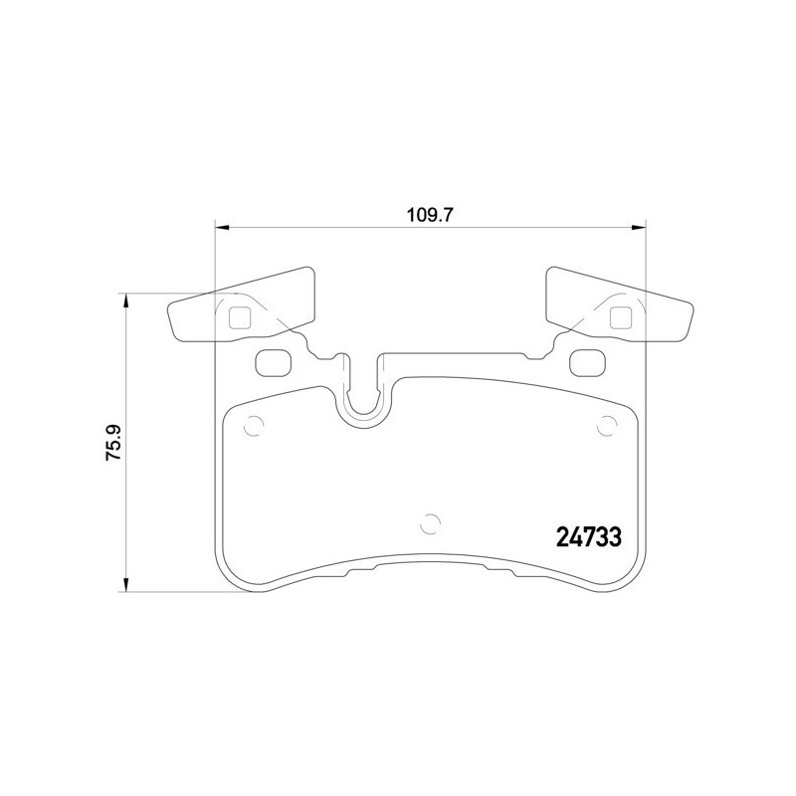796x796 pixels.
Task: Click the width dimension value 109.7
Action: click(x=431, y=213)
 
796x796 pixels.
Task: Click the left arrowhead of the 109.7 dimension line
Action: click(x=222, y=229)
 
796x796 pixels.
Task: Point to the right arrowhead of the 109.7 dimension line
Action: click(x=640, y=229)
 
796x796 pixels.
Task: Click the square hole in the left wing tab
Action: click(x=240, y=317)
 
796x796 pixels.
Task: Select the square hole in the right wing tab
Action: click(x=621, y=317)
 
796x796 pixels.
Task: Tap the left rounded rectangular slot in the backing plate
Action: click(x=272, y=362)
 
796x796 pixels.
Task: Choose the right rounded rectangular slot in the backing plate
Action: click(x=588, y=362)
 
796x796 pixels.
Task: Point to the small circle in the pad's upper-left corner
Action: click(x=253, y=425)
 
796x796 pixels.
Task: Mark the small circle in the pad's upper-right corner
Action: click(x=607, y=425)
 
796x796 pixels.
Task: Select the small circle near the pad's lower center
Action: click(x=430, y=521)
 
